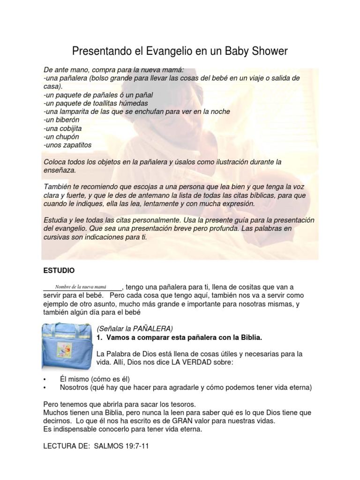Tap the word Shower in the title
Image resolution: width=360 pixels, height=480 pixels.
tap(265, 51)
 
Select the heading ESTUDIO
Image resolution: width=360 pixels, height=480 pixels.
tap(59, 271)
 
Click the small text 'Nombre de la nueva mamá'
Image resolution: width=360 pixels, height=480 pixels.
tap(81, 286)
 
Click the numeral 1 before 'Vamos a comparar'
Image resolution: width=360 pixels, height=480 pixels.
tap(98, 337)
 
